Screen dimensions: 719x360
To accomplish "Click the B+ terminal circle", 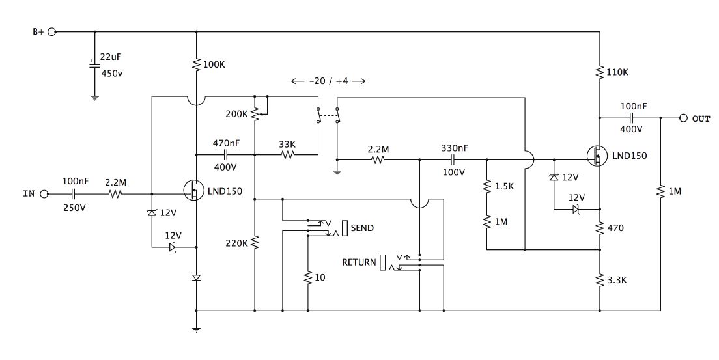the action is [x=52, y=32].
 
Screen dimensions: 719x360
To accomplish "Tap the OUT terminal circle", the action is [x=683, y=118].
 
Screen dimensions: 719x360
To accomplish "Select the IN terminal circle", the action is [x=44, y=194].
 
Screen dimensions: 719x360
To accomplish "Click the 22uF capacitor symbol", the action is [x=94, y=64].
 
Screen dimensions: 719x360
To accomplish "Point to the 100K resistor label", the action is [x=214, y=64].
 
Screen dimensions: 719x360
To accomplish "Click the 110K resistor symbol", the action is [x=600, y=72].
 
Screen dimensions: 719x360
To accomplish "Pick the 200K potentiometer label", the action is [x=236, y=114].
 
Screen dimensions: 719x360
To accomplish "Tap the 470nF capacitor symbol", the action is [x=225, y=154].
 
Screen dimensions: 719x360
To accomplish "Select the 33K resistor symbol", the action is [x=287, y=154].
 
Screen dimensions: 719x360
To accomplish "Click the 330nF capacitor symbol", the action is [x=453, y=159].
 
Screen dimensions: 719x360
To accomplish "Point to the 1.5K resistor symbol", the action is [x=486, y=187].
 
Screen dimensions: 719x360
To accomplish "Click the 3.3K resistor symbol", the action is [x=600, y=280].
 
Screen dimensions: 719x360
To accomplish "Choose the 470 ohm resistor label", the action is [x=615, y=228].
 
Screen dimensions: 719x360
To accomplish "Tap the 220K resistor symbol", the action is [x=255, y=243].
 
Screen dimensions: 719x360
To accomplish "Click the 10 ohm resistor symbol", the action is [x=307, y=277].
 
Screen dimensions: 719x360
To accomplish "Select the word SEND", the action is [x=362, y=228].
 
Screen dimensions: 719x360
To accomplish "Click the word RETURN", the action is [x=359, y=262].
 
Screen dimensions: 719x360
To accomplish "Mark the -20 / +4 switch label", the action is [x=328, y=81].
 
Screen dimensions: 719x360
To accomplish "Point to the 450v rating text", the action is [x=111, y=74].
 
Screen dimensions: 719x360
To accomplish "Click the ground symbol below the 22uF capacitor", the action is [x=94, y=97].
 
